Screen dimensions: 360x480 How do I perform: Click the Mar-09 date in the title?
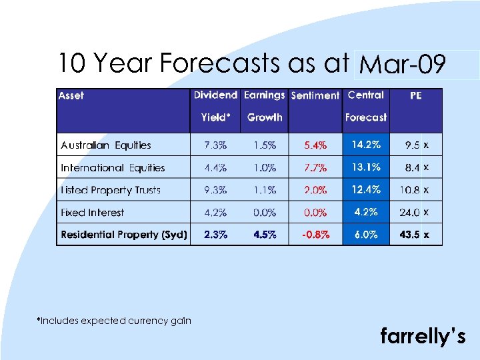point(402,65)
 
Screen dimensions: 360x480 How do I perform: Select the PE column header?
point(415,96)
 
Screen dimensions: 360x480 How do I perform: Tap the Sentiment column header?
point(315,96)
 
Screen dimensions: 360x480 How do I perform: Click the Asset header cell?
point(71,96)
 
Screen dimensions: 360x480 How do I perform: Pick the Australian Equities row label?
point(106,145)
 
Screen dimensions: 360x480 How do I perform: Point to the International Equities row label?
point(113,168)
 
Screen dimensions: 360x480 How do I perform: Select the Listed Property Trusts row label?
point(111,190)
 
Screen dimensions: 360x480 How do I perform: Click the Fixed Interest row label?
point(93,213)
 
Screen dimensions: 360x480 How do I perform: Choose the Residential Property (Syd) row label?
point(124,235)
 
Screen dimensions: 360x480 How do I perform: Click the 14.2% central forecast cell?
point(366,145)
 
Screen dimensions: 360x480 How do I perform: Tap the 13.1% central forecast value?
point(366,167)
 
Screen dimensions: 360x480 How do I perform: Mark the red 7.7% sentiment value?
point(315,168)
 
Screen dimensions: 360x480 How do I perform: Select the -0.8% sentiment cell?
point(315,235)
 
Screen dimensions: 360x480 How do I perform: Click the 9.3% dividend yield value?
point(215,190)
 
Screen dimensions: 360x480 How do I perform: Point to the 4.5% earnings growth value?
point(265,235)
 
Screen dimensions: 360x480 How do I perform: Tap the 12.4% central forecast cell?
point(366,190)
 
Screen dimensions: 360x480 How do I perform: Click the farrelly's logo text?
point(422,337)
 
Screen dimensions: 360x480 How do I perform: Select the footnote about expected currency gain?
point(114,321)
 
